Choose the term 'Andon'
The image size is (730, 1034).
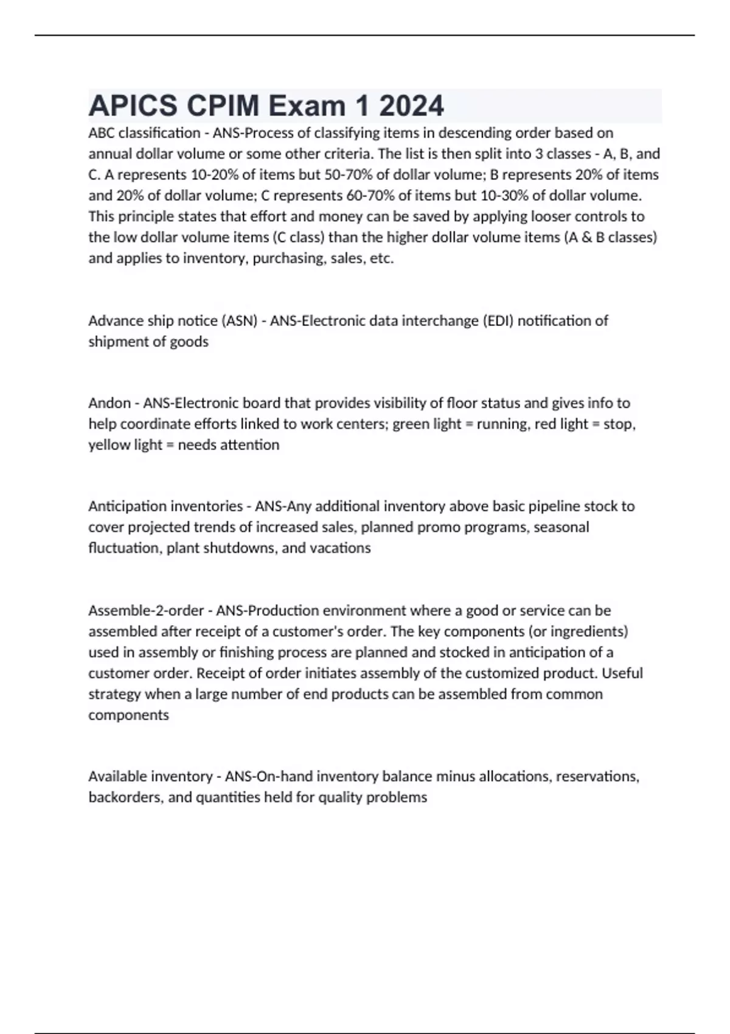coord(109,403)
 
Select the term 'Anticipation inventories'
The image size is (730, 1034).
coord(165,506)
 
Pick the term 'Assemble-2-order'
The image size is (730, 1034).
coord(146,611)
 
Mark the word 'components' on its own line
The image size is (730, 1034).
coord(128,715)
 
